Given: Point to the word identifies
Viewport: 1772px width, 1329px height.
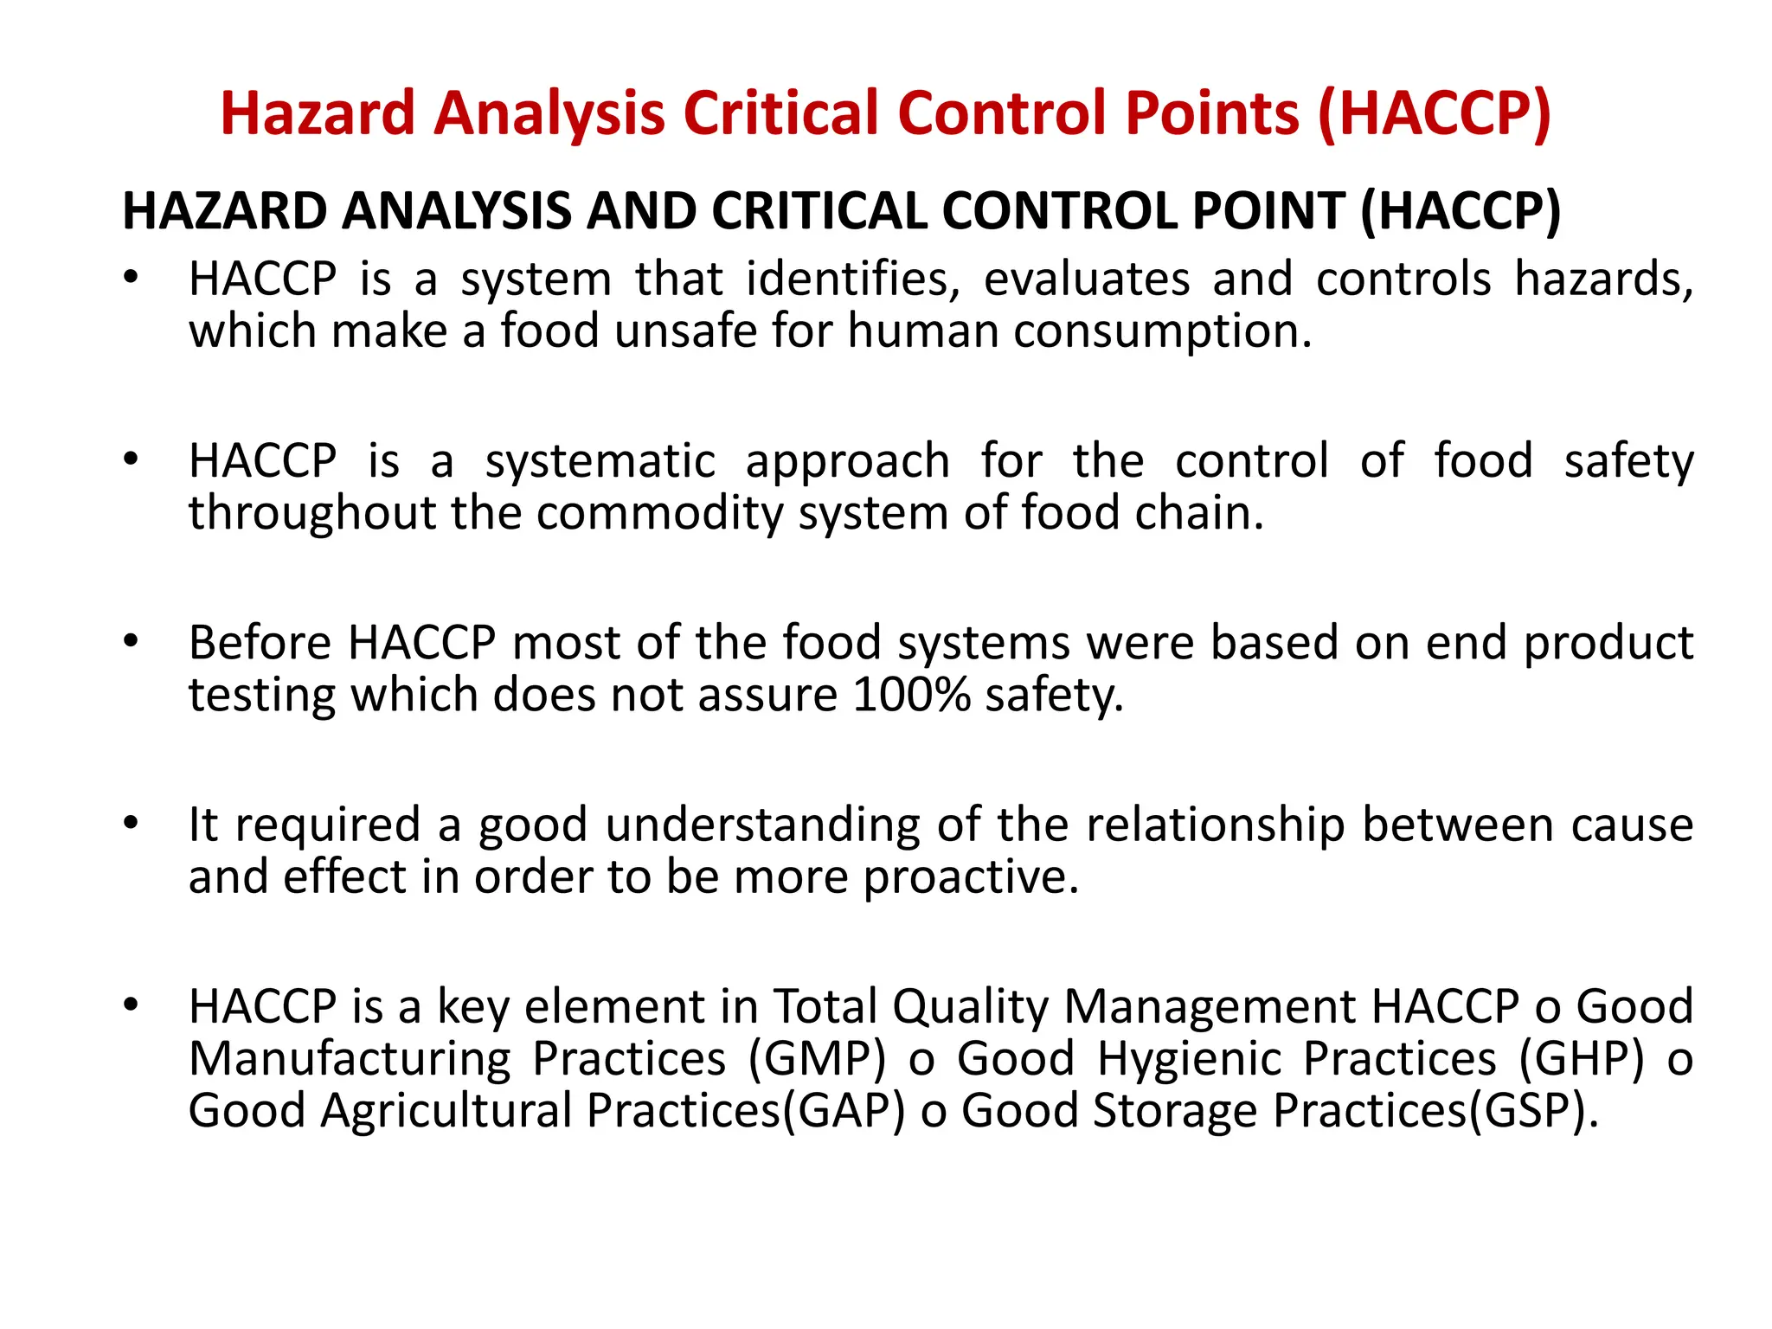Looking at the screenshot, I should [x=852, y=279].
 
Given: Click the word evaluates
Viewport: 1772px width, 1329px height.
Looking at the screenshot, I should [x=1087, y=279].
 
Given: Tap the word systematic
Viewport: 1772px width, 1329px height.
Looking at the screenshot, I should [x=600, y=461].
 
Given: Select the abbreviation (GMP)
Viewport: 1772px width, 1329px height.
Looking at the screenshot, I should [x=818, y=1059].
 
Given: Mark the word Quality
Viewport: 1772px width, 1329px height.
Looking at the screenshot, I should [x=970, y=1007].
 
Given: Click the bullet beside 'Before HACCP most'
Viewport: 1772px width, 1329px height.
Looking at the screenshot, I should [x=131, y=641].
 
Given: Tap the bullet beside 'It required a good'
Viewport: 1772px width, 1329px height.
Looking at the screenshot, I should [x=131, y=823].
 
